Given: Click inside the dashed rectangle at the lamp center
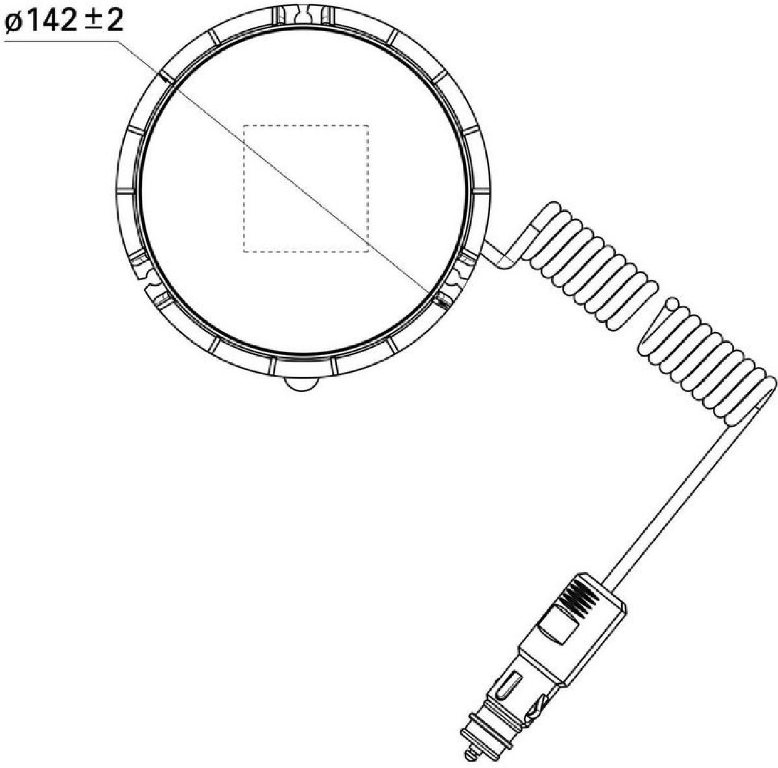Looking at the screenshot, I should (305, 188).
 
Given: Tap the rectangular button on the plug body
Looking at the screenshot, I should (558, 624).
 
